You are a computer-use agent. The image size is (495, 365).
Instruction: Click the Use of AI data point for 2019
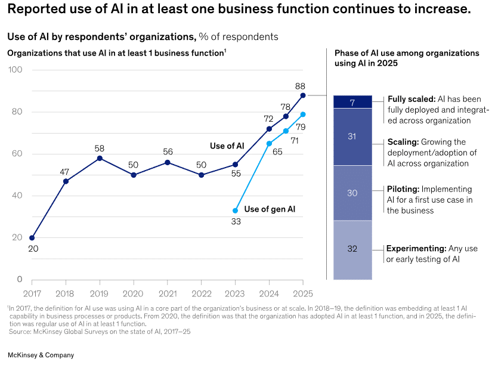coord(100,158)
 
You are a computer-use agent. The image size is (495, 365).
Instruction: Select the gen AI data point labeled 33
coord(235,211)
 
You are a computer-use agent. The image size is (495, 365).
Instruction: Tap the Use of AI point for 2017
coord(32,238)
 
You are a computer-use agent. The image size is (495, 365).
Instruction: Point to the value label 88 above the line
coord(301,86)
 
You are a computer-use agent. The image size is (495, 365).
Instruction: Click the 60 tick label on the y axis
coord(16,154)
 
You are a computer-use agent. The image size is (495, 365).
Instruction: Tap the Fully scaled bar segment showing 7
coord(352,103)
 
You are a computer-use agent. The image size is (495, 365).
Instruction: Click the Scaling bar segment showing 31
coord(352,137)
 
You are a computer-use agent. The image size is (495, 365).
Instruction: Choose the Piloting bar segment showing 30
coord(352,193)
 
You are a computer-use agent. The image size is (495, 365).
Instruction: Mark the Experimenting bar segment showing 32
coord(352,249)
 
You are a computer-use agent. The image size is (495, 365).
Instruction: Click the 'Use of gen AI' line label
coord(270,209)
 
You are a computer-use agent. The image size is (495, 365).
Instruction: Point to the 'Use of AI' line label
coord(227,146)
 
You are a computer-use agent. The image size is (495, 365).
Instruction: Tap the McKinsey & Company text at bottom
coord(41,355)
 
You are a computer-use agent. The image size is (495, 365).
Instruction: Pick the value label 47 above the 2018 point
coord(64,172)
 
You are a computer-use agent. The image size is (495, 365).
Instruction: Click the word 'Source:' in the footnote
coord(21,332)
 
